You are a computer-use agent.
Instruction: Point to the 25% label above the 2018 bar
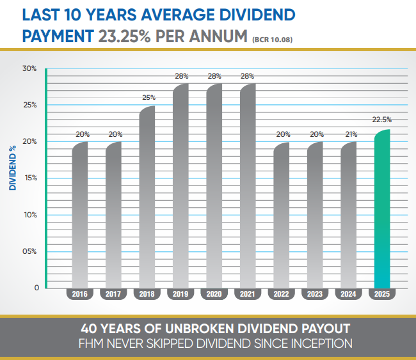tap(147, 97)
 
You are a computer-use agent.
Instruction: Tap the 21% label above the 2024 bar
tap(349, 134)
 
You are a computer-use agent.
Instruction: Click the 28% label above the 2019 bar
tap(180, 76)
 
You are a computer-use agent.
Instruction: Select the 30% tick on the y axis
tap(31, 68)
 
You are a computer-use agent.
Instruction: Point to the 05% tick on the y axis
tap(31, 251)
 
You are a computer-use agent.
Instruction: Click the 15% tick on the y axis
tap(31, 178)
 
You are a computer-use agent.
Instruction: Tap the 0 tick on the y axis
tap(36, 288)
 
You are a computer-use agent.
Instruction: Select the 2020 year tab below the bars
tap(214, 294)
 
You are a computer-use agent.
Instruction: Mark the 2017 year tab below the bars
tap(114, 294)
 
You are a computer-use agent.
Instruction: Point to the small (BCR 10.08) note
tap(273, 40)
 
